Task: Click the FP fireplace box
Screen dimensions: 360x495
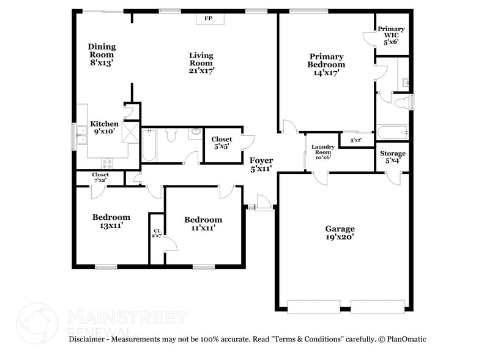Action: pyautogui.click(x=208, y=19)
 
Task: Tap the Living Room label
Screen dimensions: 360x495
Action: pyautogui.click(x=201, y=62)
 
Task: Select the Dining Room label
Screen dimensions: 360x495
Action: pyautogui.click(x=102, y=54)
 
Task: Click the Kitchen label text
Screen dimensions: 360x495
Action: pyautogui.click(x=104, y=124)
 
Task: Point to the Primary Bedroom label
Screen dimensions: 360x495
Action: pyautogui.click(x=326, y=64)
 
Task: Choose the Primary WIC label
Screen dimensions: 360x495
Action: pyautogui.click(x=391, y=35)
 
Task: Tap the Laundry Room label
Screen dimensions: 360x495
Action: pyautogui.click(x=322, y=152)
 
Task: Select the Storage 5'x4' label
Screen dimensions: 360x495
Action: pyautogui.click(x=393, y=157)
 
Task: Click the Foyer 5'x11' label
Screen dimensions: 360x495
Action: pyautogui.click(x=261, y=164)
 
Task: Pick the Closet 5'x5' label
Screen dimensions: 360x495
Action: pyautogui.click(x=221, y=143)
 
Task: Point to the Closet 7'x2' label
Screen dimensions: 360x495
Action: pyautogui.click(x=100, y=178)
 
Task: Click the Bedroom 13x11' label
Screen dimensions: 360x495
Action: pyautogui.click(x=111, y=221)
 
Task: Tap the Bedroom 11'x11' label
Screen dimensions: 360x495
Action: pyautogui.click(x=203, y=223)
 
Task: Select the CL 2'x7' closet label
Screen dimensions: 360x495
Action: pyautogui.click(x=157, y=233)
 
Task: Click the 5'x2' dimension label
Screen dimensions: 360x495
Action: pyautogui.click(x=356, y=140)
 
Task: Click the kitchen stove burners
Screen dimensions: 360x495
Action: pyautogui.click(x=108, y=163)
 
